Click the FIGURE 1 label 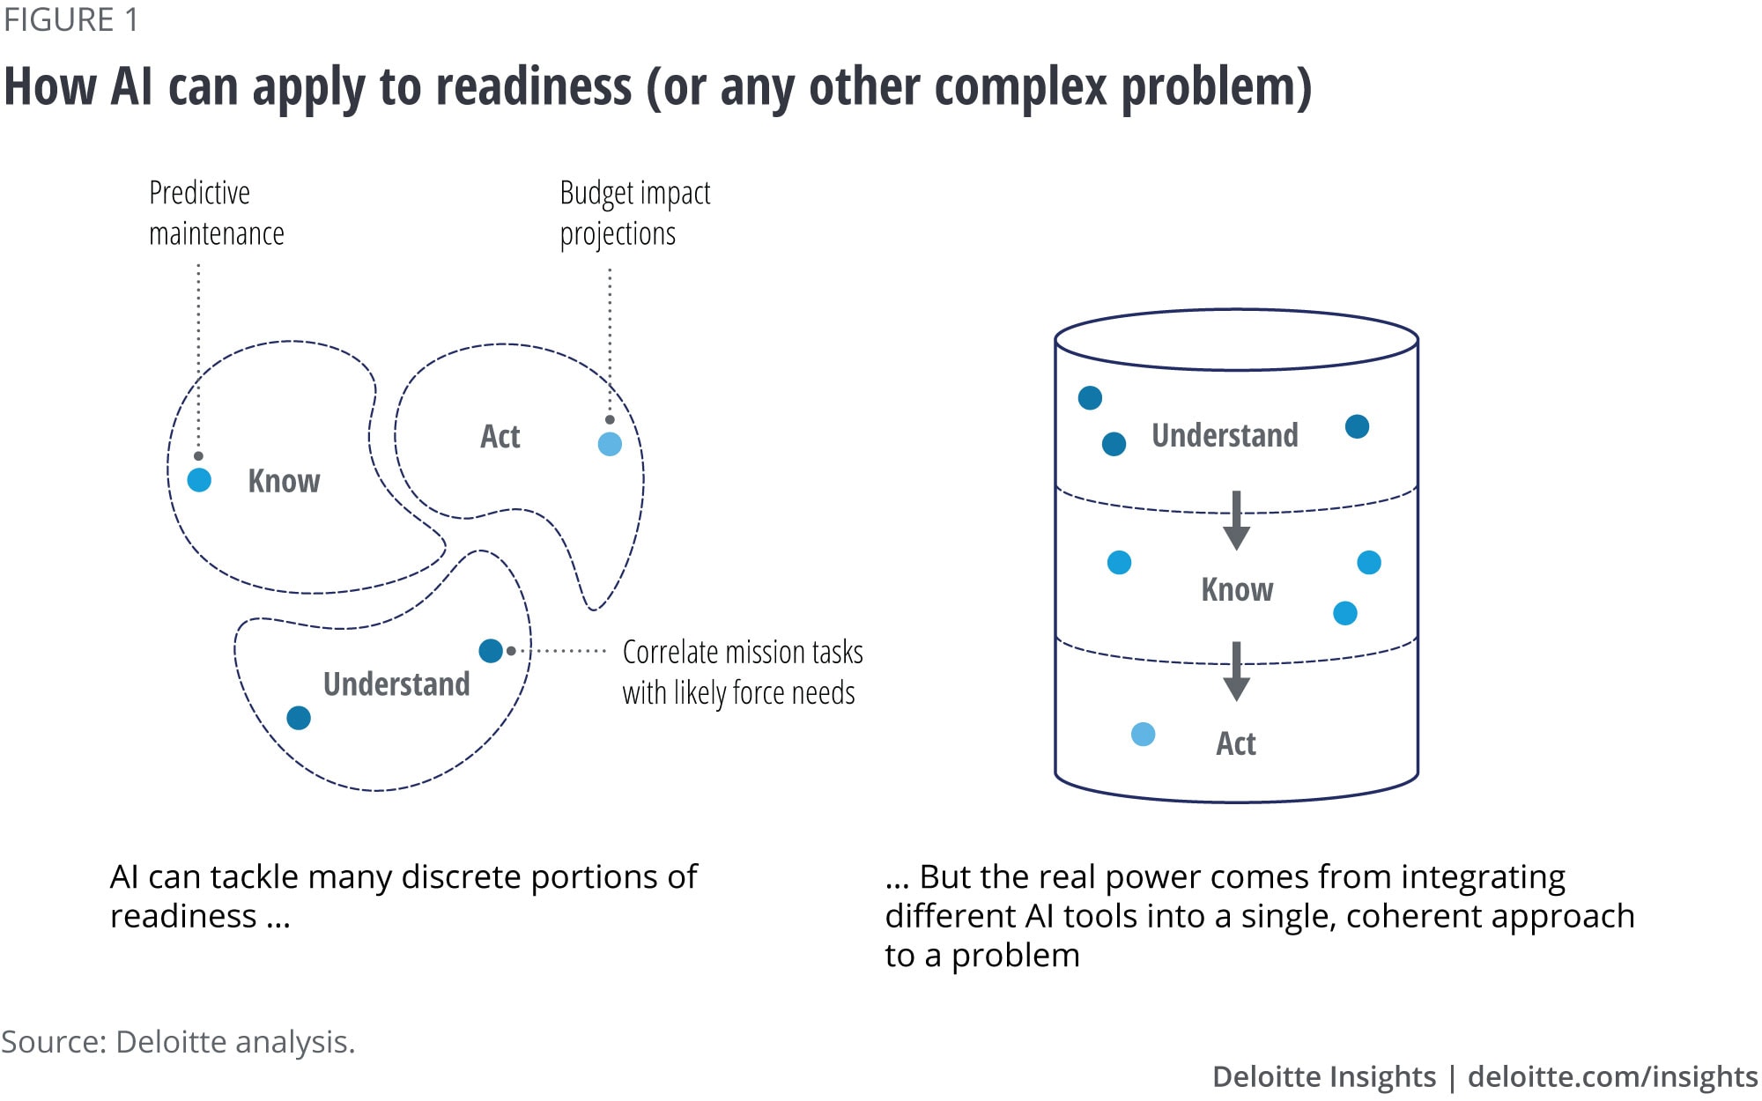pos(71,19)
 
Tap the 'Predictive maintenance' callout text pos(216,213)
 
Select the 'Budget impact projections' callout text pos(634,213)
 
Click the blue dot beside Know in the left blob pos(199,480)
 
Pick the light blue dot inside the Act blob pos(610,444)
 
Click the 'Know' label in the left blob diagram pos(284,481)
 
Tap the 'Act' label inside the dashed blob pos(500,437)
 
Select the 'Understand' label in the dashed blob pos(396,684)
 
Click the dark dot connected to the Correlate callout pos(491,651)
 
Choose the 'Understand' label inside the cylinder pos(1225,435)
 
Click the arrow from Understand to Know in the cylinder pos(1237,521)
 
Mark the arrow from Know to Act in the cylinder pos(1237,672)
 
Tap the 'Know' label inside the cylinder pos(1237,589)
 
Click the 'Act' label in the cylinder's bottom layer pos(1236,744)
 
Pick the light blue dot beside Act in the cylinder pos(1143,735)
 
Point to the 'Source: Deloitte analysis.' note pos(178,1042)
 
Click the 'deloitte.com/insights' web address pos(1612,1076)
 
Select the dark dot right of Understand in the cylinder pos(1357,427)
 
